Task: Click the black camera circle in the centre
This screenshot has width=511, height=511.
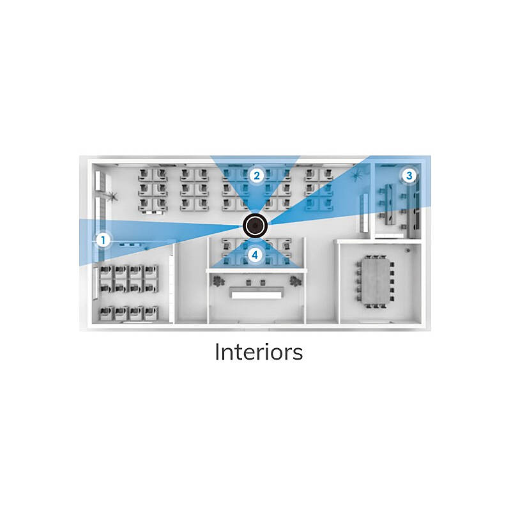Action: [x=255, y=225]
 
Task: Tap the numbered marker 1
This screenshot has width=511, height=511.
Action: [x=103, y=241]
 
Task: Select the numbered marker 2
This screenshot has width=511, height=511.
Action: [x=257, y=176]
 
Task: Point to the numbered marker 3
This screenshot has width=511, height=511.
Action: [x=409, y=176]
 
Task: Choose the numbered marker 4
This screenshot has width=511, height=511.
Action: [x=255, y=255]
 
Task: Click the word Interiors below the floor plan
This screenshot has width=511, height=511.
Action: [x=259, y=353]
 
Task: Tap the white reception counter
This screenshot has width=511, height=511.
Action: [x=257, y=294]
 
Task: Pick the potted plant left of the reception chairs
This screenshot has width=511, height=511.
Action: [x=217, y=281]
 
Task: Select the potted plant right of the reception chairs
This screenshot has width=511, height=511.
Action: [x=296, y=281]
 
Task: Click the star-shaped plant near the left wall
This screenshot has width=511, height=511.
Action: [x=112, y=197]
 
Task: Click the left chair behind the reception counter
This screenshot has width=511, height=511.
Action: [x=248, y=282]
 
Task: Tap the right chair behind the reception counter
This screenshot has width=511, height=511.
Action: [x=263, y=282]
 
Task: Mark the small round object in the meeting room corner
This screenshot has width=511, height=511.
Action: [x=408, y=250]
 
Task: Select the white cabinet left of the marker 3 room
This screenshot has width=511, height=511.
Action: [x=364, y=213]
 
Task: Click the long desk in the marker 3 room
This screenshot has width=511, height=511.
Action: [x=389, y=204]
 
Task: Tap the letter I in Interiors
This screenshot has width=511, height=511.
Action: [x=217, y=353]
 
